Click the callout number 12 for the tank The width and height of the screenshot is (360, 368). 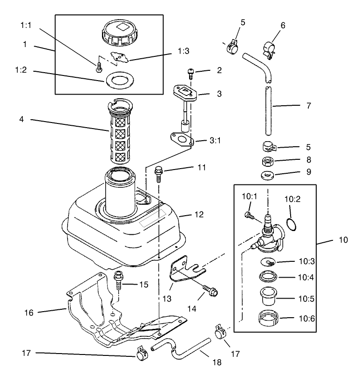(x=199, y=215)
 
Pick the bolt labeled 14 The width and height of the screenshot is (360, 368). (x=211, y=292)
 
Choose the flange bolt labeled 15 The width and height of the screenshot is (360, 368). (x=119, y=279)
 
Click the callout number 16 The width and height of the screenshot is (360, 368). (x=29, y=313)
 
